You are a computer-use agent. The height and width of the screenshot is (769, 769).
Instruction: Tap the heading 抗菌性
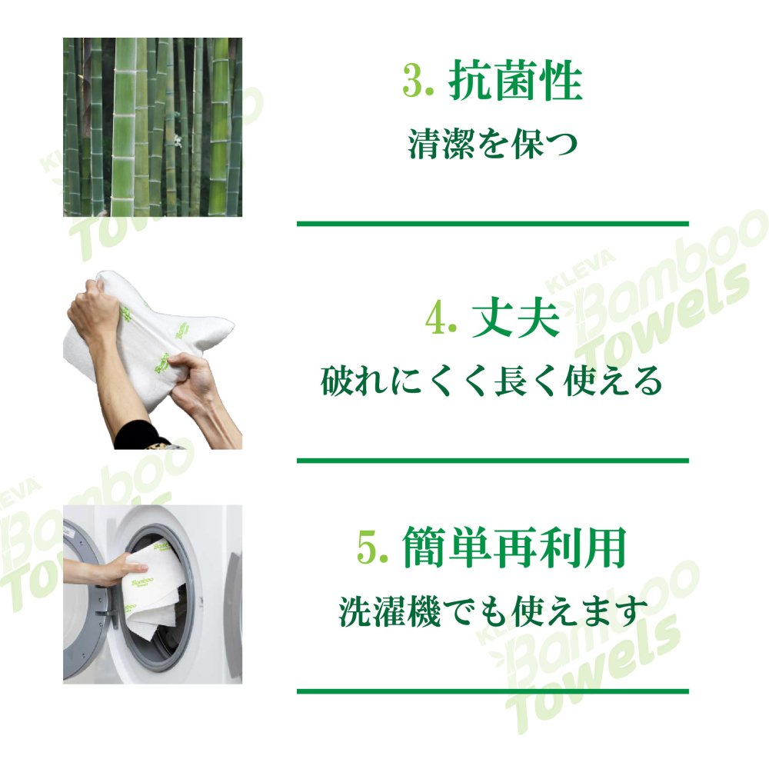516,80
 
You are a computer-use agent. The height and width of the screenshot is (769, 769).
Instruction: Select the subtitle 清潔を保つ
493,145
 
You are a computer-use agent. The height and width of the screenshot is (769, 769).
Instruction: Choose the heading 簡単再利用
514,547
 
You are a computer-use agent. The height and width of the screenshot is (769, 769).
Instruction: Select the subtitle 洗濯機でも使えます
492,611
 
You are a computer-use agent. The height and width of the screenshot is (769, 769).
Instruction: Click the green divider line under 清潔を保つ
493,224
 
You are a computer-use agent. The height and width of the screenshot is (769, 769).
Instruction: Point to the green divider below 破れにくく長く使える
493,461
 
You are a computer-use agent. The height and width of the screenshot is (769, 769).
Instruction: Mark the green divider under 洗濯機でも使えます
493,691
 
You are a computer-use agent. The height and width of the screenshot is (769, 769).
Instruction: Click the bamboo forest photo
152,127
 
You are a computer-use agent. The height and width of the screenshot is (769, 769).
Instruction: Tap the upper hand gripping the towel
93,307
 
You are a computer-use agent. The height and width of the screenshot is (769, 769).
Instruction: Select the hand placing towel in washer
118,570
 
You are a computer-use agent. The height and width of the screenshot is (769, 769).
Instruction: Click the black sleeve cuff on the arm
138,434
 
